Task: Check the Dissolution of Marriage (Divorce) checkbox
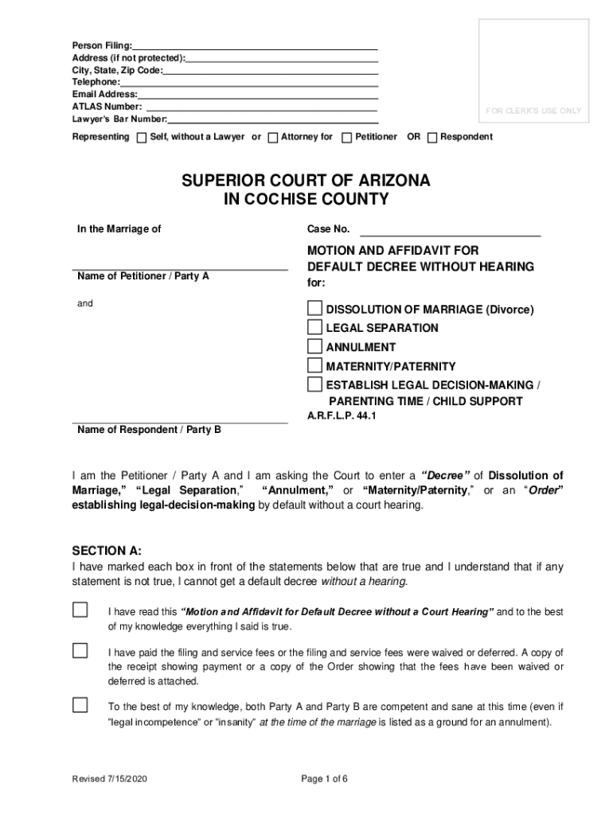pos(315,309)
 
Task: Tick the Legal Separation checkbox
pos(315,327)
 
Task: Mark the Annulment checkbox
pos(315,346)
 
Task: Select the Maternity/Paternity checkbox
pos(315,365)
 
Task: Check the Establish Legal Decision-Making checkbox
pos(315,385)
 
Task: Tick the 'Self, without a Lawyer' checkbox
pos(142,137)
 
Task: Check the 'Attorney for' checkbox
pos(273,137)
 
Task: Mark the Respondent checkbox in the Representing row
pos(432,137)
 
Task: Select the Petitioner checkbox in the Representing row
pos(346,137)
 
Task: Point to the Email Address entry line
pos(257,94)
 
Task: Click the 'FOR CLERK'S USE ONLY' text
pos(533,111)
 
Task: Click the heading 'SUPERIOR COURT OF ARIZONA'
pos(306,181)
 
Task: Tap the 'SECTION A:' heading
pos(107,551)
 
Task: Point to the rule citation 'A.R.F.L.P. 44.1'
pos(342,415)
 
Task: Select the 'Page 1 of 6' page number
pos(324,779)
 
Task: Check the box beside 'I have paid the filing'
pos(80,651)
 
